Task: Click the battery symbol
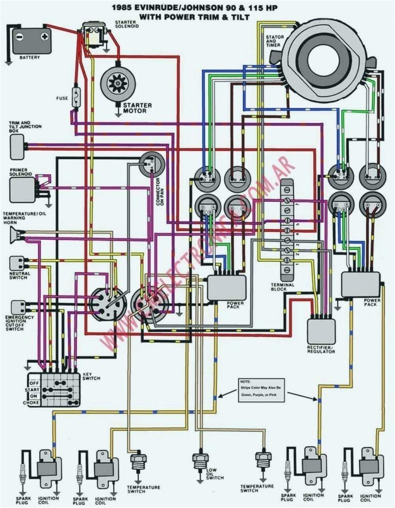point(32,41)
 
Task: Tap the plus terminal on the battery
point(45,36)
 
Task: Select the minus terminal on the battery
point(19,36)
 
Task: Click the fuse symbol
point(77,97)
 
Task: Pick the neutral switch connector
point(17,263)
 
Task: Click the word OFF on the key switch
point(34,382)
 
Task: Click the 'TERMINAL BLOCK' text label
point(283,287)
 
